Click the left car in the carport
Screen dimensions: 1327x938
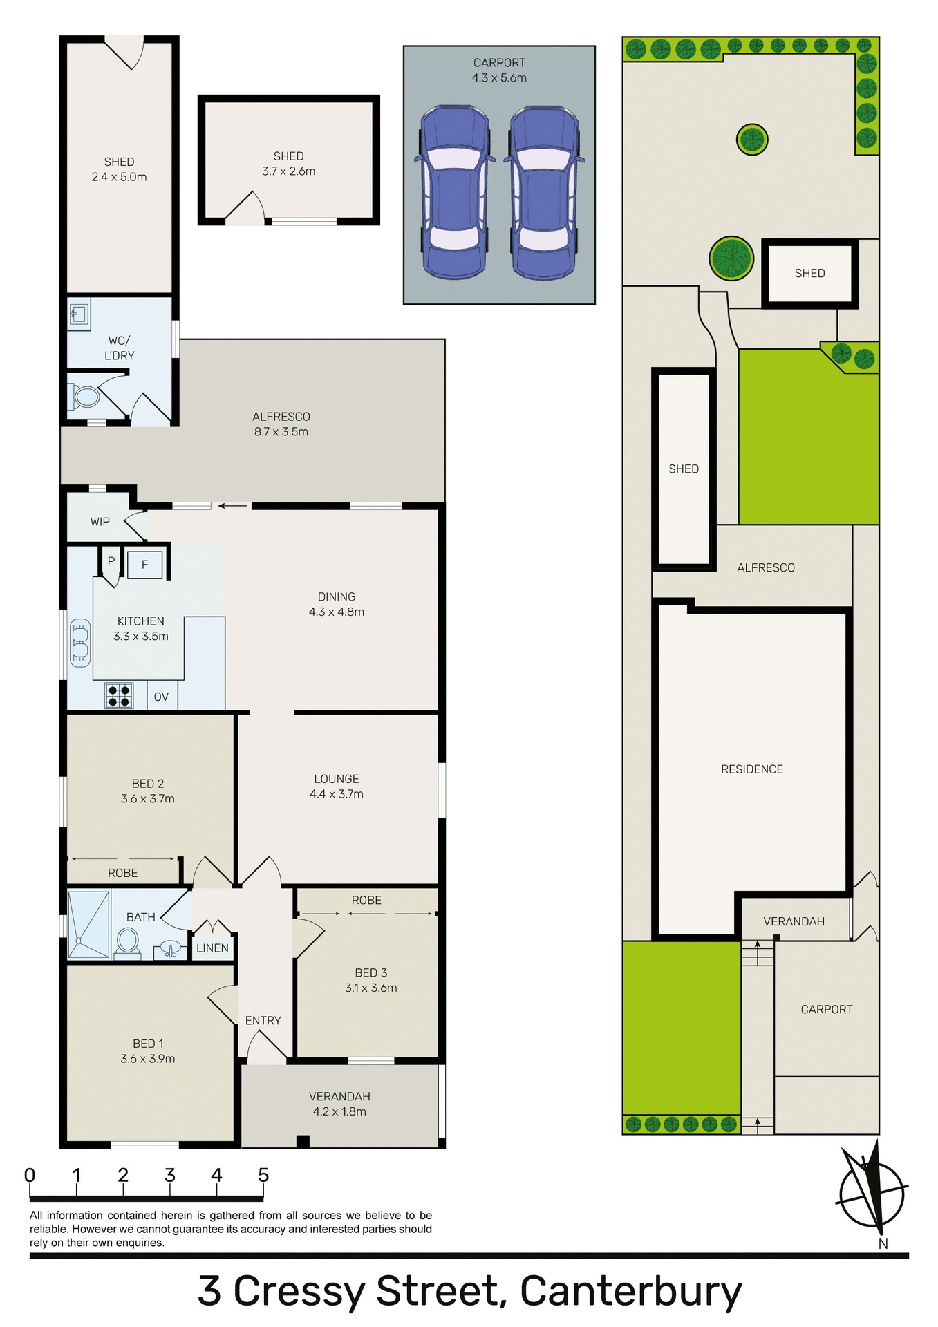point(454,192)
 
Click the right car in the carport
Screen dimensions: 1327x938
point(544,192)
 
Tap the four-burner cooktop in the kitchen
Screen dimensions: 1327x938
point(119,696)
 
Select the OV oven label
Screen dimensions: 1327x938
point(161,697)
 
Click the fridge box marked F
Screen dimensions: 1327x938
point(145,565)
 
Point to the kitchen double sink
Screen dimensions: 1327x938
point(80,642)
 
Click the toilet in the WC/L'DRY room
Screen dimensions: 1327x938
point(86,397)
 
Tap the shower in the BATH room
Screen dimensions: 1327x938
point(89,925)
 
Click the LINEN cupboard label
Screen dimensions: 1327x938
point(212,948)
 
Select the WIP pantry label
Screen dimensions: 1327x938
point(100,522)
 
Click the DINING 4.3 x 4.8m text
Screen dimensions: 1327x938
point(337,604)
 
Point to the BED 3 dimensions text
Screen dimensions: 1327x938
point(371,988)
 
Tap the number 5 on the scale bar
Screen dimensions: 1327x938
point(263,1175)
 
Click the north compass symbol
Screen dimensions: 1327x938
point(871,1194)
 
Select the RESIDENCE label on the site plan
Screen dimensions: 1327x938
point(752,769)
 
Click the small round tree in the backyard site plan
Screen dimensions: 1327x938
point(752,140)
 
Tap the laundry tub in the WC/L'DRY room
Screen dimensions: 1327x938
point(79,314)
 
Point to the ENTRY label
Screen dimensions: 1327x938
point(263,1020)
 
